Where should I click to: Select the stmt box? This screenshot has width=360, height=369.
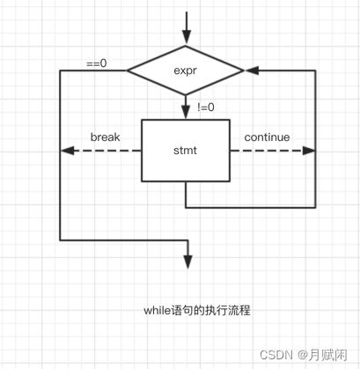(x=186, y=151)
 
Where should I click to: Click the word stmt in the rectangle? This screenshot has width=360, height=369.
(x=186, y=151)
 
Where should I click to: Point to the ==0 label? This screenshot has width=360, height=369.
(x=97, y=63)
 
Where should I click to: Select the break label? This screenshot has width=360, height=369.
(x=105, y=138)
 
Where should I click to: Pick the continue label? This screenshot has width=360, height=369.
(x=267, y=138)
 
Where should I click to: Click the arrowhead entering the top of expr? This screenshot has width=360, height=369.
(x=187, y=39)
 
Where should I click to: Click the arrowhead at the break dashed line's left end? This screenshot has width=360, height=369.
(x=66, y=151)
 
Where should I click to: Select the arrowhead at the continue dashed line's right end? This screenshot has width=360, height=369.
(x=308, y=151)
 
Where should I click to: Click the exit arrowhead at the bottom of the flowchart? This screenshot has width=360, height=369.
(x=187, y=262)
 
